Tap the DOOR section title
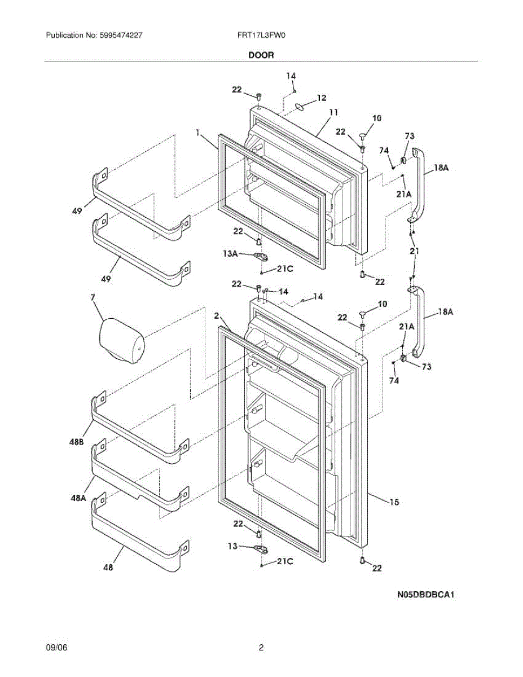pyautogui.click(x=261, y=55)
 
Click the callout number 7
pyautogui.click(x=93, y=297)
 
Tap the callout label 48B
pyautogui.click(x=78, y=443)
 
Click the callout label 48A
pyautogui.click(x=78, y=498)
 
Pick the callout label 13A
pyautogui.click(x=230, y=254)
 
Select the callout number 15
pyautogui.click(x=394, y=501)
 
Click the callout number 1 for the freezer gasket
pyautogui.click(x=198, y=133)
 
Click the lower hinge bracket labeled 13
pyautogui.click(x=260, y=548)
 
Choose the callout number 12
pyautogui.click(x=321, y=98)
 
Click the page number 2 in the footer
pyautogui.click(x=261, y=648)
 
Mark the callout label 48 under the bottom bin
pyautogui.click(x=108, y=568)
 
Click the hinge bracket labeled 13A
pyautogui.click(x=260, y=257)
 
